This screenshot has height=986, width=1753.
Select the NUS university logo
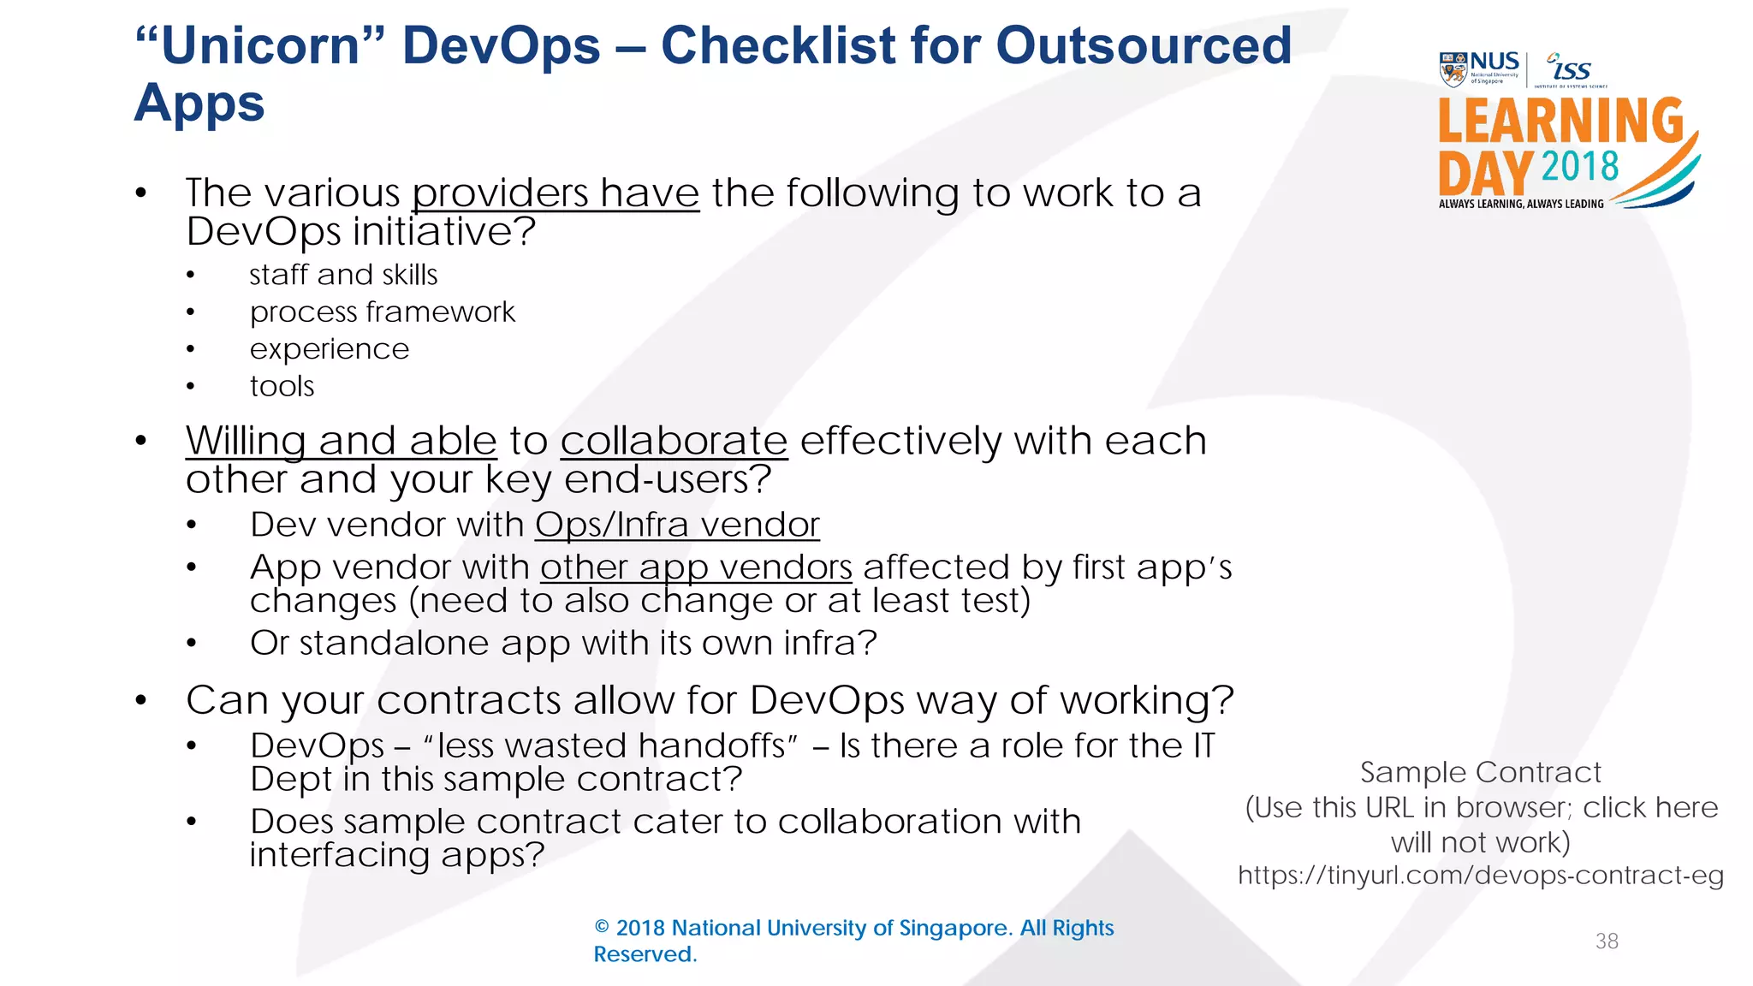(x=1479, y=69)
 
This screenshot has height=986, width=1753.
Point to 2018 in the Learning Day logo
(x=1580, y=167)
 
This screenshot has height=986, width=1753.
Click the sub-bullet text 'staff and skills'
(x=343, y=275)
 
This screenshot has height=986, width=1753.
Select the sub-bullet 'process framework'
(x=382, y=312)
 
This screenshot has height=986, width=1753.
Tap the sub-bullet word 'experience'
(x=330, y=349)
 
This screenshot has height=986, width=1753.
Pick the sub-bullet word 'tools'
(x=282, y=387)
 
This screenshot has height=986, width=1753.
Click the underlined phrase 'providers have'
(x=556, y=193)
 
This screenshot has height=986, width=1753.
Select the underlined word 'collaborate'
(x=674, y=442)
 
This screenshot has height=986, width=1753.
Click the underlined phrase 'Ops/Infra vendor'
(x=677, y=525)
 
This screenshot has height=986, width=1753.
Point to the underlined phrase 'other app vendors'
(x=696, y=567)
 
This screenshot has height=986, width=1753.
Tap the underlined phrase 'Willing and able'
(x=341, y=442)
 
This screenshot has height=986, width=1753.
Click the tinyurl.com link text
(x=1480, y=876)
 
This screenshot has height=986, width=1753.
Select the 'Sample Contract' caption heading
(x=1480, y=773)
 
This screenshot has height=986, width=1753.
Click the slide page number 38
(x=1607, y=941)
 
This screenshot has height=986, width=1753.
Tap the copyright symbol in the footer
(x=602, y=928)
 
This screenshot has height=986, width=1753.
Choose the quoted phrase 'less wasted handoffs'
(x=611, y=746)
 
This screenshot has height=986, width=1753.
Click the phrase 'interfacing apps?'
(x=397, y=855)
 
